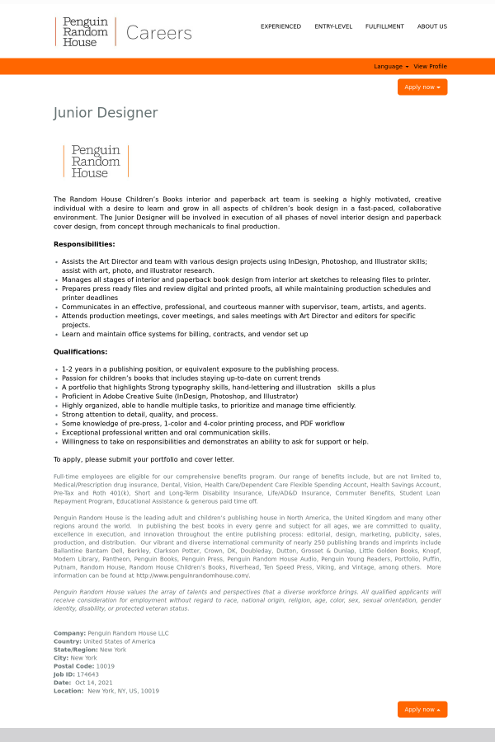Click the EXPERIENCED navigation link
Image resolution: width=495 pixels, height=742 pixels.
280,26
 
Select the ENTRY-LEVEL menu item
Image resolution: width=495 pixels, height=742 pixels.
333,26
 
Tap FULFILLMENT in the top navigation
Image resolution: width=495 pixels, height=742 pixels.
384,26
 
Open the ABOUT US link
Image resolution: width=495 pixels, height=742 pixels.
432,26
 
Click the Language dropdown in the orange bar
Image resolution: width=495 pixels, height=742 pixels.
389,67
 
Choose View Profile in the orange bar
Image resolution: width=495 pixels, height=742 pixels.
430,67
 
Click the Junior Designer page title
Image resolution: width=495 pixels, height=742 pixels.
106,113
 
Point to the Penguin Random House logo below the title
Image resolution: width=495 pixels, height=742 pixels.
96,162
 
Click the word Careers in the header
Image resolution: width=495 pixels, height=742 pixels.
159,33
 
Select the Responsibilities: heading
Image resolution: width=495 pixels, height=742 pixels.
84,244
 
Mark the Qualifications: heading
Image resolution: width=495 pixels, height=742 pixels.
81,352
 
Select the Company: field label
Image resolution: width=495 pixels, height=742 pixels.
69,633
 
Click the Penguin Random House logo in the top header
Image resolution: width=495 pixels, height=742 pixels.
86,31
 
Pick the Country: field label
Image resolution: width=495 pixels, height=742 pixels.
68,641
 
